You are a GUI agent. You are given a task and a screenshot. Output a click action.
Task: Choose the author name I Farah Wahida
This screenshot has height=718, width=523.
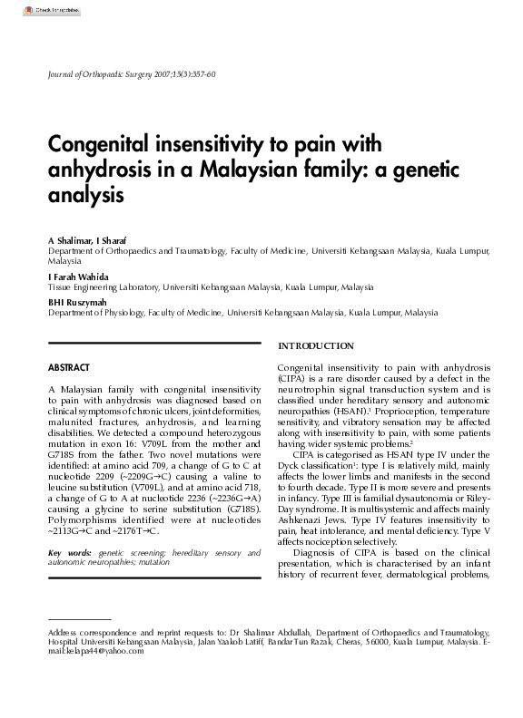[78, 276]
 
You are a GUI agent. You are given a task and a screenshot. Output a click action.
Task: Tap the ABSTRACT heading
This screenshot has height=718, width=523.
[68, 367]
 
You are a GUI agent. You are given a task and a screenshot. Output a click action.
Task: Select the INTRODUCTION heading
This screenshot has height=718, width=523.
[315, 346]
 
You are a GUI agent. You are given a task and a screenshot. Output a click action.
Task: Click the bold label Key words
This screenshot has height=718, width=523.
[69, 552]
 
